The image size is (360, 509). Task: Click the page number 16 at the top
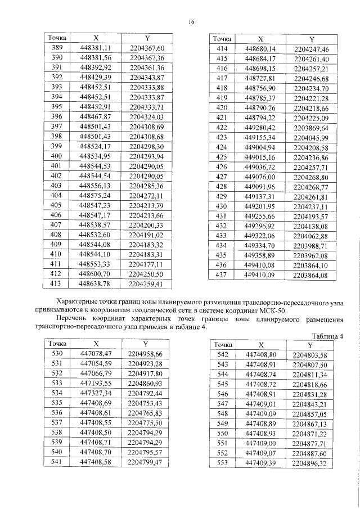tap(191, 21)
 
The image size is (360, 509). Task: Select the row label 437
tap(221, 275)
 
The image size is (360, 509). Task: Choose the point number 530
tap(57, 354)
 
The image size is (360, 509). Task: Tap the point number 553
tap(222, 463)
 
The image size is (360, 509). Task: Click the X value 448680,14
tap(260, 49)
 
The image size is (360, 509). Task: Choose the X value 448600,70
tap(95, 274)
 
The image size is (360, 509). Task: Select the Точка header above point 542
tap(222, 345)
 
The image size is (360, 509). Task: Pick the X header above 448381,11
tap(95, 38)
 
